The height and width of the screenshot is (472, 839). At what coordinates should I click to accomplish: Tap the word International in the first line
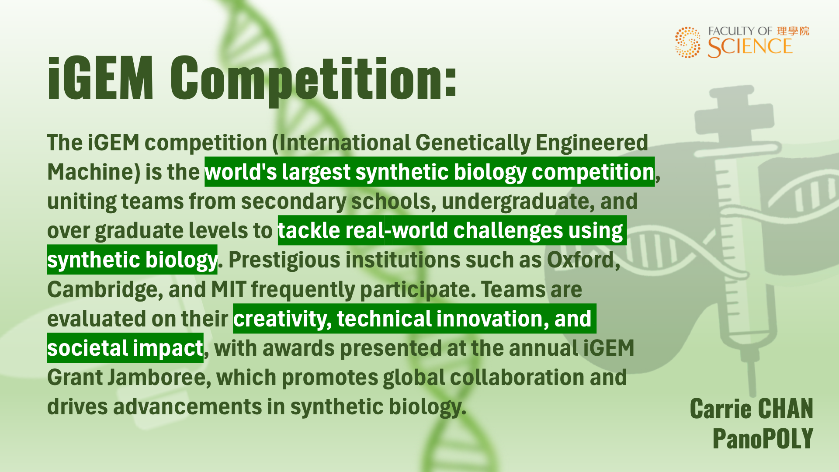pos(343,142)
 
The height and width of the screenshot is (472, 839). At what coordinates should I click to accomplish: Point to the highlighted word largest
pos(316,172)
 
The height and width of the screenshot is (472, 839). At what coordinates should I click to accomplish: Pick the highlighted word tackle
pos(309,230)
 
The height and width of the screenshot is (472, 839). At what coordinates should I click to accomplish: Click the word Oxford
pos(583,260)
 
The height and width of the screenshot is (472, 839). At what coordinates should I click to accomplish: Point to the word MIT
pos(229,289)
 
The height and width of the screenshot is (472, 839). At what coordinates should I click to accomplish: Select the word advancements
pos(187,406)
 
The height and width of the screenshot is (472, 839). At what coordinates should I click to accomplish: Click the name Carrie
pos(721,409)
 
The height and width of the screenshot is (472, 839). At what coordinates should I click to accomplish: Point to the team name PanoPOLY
pos(763,438)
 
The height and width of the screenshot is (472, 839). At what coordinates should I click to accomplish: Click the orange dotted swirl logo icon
pos(687,42)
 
